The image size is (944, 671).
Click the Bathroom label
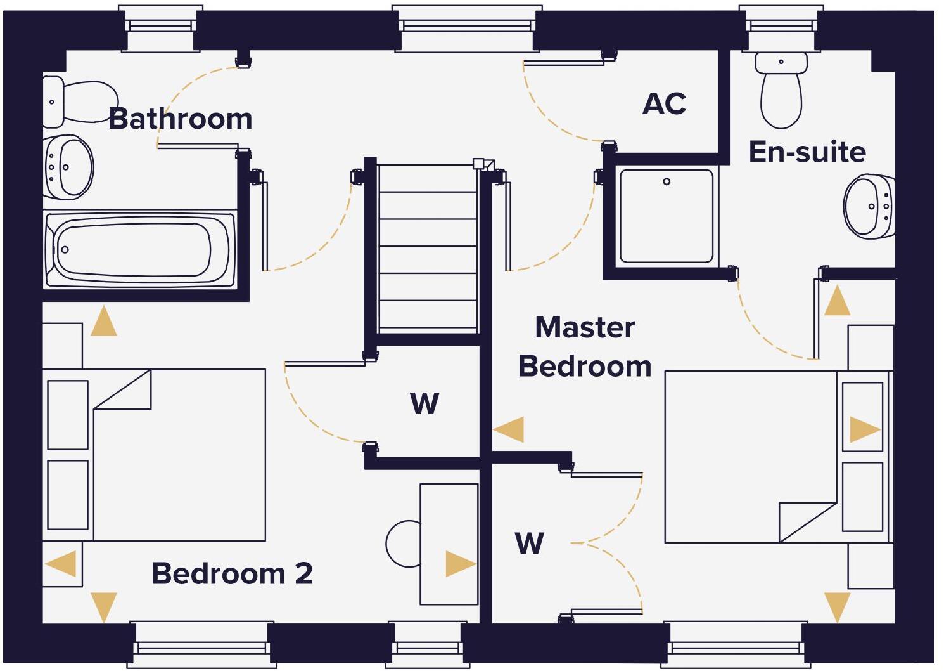(180, 119)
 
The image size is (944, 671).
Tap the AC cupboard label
(664, 103)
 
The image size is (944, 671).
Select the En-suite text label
(807, 152)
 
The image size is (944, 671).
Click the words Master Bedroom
(584, 347)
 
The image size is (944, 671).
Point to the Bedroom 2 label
(232, 573)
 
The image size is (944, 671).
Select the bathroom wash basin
(68, 167)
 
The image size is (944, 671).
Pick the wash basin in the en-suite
(870, 206)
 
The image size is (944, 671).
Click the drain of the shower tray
(667, 182)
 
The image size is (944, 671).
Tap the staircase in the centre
(428, 247)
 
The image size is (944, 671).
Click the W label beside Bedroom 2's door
(424, 403)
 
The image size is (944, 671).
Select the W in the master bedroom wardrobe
(529, 544)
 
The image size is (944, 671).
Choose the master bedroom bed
(754, 457)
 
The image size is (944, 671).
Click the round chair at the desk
(403, 544)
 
